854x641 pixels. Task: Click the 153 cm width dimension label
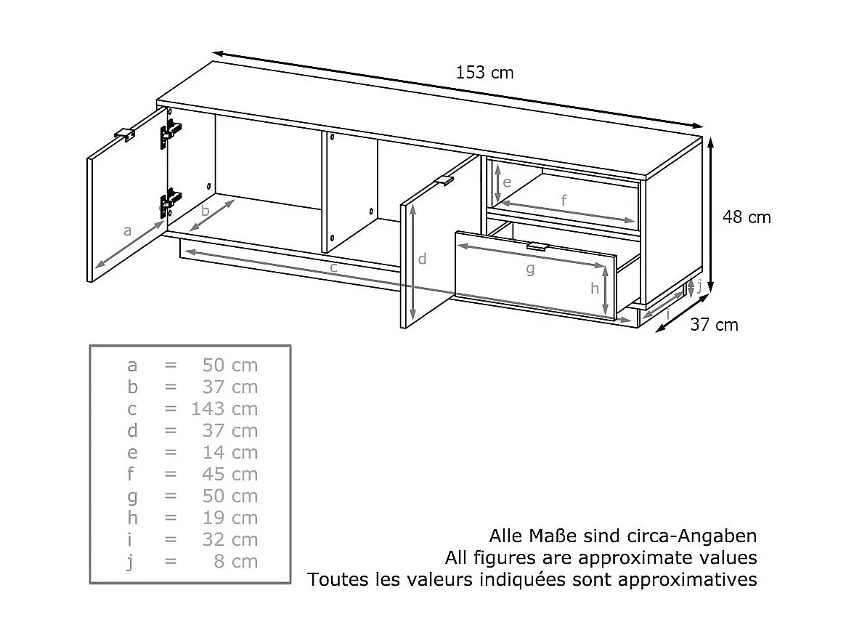click(484, 73)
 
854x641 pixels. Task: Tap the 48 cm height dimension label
click(747, 217)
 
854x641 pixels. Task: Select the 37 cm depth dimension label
click(714, 325)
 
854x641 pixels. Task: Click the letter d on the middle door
click(422, 259)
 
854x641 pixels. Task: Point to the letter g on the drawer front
click(529, 270)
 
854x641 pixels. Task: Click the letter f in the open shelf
click(564, 201)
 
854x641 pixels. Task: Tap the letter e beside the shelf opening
click(507, 182)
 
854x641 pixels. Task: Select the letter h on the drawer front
click(595, 289)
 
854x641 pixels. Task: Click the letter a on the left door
click(127, 231)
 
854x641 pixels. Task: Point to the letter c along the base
click(333, 268)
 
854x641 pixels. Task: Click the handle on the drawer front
click(537, 247)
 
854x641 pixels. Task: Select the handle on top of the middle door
click(444, 180)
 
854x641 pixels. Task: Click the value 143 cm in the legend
click(224, 409)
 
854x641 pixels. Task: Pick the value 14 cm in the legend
click(229, 453)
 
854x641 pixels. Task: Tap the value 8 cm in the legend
click(235, 562)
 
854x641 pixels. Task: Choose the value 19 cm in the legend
click(229, 518)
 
